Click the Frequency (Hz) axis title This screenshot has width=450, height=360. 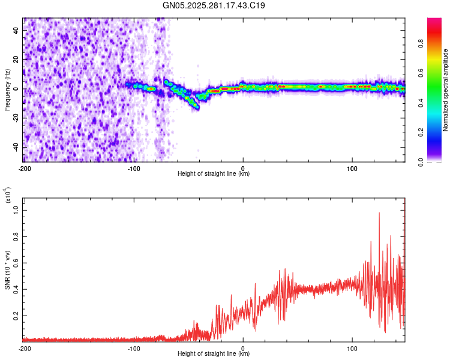[x=7, y=90]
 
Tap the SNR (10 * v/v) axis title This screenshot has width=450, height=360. [x=7, y=270]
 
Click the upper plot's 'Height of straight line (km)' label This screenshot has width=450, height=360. [x=214, y=174]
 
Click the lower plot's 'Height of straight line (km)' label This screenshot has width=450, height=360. [x=214, y=354]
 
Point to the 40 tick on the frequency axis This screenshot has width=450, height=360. [x=16, y=30]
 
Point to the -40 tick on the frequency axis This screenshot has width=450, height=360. [x=15, y=147]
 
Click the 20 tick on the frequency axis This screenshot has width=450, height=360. [x=16, y=59]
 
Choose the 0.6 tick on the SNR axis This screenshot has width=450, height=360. [x=16, y=263]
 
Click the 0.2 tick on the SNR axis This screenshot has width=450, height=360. [x=16, y=315]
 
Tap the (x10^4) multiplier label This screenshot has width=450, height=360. [x=7, y=195]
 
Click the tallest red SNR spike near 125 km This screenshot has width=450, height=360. [x=379, y=213]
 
